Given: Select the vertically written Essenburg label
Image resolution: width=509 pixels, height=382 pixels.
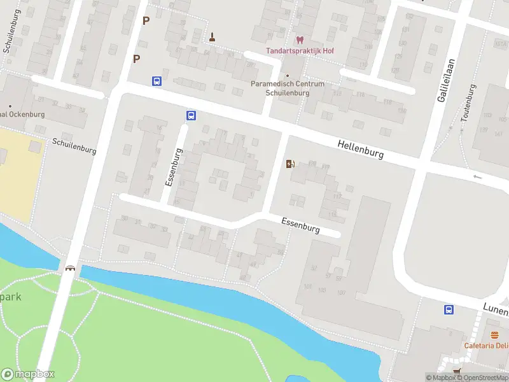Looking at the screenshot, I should click(x=174, y=167).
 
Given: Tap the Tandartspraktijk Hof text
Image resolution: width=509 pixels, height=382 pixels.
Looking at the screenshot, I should click(x=300, y=51).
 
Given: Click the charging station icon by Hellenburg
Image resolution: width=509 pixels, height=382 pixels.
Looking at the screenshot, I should click(x=291, y=164).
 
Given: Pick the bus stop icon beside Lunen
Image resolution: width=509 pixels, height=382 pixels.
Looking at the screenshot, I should click(x=449, y=310).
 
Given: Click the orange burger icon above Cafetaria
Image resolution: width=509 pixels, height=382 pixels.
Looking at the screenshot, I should click(x=494, y=335).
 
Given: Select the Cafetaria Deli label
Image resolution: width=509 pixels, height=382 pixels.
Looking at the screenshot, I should click(x=487, y=346).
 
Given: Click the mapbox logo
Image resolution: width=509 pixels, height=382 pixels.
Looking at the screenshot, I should click(x=28, y=374).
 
